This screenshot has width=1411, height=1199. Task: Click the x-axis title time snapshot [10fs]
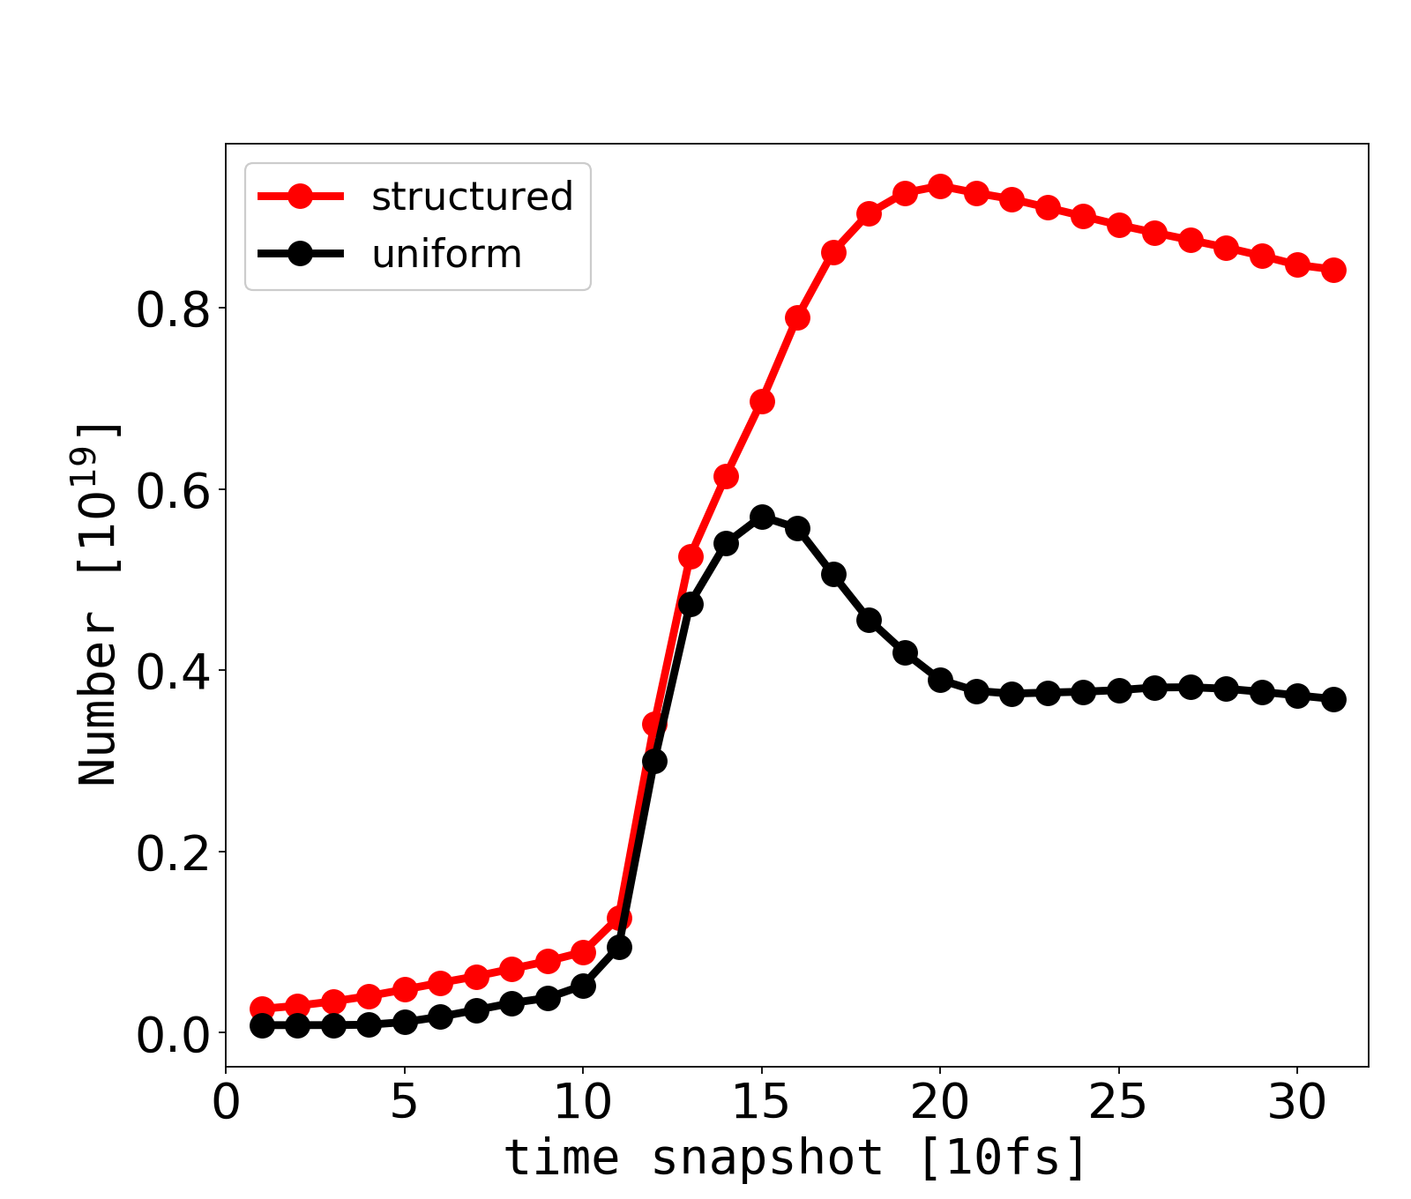795,1157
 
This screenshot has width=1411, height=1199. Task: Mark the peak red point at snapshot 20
940,186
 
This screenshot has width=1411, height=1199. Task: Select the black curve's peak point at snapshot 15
762,517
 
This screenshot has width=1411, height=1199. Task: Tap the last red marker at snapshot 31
1333,270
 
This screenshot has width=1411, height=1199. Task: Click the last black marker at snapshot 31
1333,699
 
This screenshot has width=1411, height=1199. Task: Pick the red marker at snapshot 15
762,402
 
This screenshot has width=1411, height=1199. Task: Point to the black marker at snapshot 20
940,680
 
